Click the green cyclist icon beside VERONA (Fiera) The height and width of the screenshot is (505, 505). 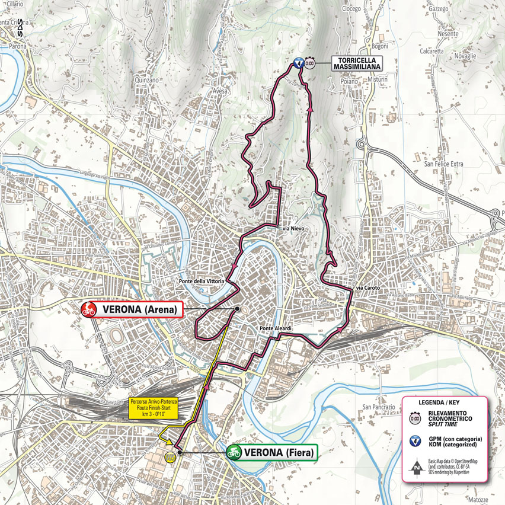pos(234,453)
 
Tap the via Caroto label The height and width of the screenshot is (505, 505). pos(368,289)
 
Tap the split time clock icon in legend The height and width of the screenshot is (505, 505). pos(414,416)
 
